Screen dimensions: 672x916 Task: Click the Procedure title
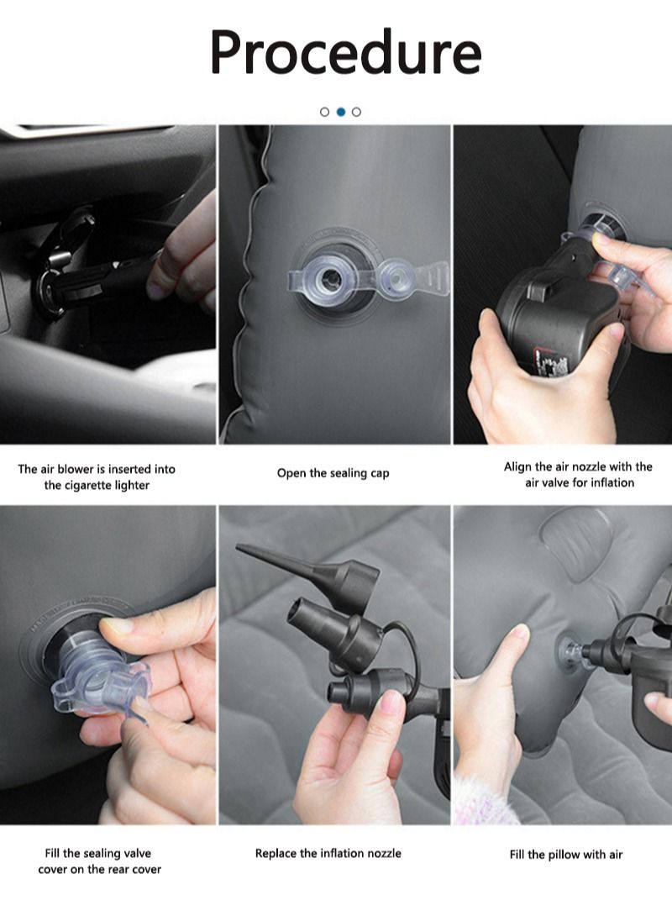pos(345,53)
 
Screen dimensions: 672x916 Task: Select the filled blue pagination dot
pos(341,112)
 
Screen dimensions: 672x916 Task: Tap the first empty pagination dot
pos(324,112)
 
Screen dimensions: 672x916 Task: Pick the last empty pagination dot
pos(357,112)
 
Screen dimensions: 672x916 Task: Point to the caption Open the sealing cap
pos(333,473)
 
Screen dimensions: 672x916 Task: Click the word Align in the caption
pos(518,466)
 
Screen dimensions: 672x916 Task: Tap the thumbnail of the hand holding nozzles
pos(334,665)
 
